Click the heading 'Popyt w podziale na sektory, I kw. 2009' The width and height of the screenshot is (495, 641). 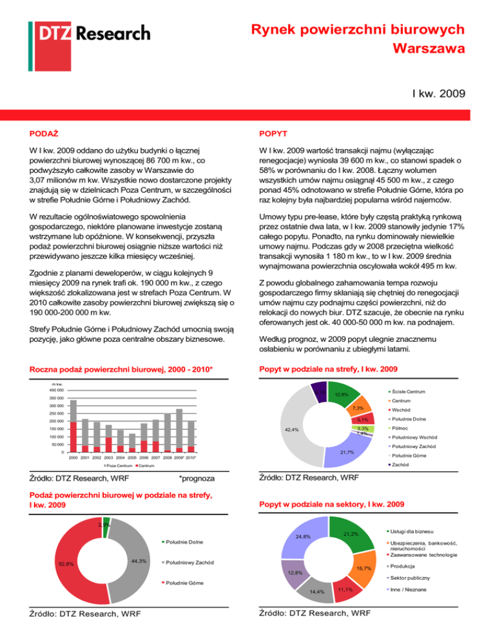331,503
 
